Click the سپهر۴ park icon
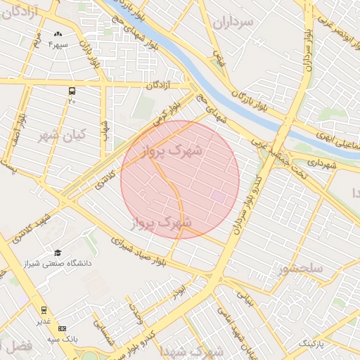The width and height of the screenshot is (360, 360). (x=58, y=34)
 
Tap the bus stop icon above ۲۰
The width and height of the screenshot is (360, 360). (x=72, y=91)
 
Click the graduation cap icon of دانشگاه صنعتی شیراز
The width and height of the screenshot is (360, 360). (x=58, y=252)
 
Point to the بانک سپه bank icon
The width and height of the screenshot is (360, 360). (x=62, y=328)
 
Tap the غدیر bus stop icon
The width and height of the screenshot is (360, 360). (x=44, y=309)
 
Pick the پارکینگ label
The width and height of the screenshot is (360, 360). (x=314, y=343)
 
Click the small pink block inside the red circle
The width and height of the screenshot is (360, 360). (x=219, y=198)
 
